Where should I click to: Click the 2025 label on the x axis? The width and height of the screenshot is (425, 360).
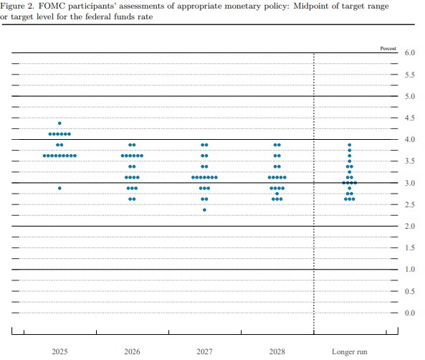click(x=59, y=351)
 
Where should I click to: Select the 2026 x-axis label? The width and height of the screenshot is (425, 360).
click(x=132, y=351)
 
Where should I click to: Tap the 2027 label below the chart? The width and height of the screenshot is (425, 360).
click(x=205, y=351)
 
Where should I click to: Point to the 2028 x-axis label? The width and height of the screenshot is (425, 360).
click(x=277, y=351)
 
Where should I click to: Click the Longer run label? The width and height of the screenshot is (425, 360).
click(x=349, y=352)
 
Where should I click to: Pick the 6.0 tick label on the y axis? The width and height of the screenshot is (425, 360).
click(x=410, y=52)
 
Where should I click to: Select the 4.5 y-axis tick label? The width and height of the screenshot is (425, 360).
click(x=410, y=118)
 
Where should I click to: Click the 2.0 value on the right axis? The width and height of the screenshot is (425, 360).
click(x=410, y=226)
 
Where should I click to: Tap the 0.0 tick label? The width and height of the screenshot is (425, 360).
click(x=410, y=313)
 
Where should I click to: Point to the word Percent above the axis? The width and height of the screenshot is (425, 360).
click(x=388, y=49)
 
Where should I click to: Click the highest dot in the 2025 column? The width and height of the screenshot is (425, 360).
click(x=59, y=123)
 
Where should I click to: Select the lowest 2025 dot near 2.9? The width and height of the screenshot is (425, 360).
click(x=59, y=189)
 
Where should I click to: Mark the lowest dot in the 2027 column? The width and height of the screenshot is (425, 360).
click(x=205, y=210)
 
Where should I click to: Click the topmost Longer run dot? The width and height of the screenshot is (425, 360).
click(x=349, y=145)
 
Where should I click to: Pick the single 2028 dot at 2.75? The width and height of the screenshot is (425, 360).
click(x=277, y=194)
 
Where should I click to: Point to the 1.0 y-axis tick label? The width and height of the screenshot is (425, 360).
click(x=410, y=270)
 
